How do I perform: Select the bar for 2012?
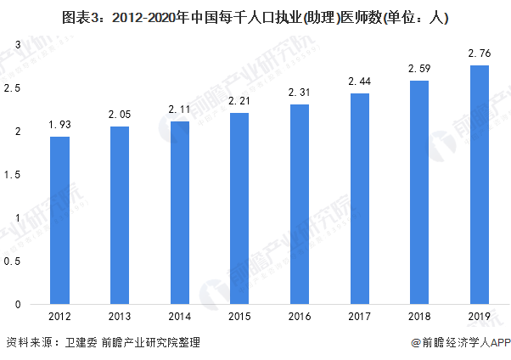59,220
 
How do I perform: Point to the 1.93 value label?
59,125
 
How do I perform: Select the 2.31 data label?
300,93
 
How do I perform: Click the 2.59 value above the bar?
419,68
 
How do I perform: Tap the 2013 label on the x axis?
120,317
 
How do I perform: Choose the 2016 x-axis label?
300,317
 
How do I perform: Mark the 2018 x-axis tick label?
419,317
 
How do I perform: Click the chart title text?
255,16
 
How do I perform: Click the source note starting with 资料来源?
102,342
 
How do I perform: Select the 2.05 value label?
120,115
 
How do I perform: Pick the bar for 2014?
179,212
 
